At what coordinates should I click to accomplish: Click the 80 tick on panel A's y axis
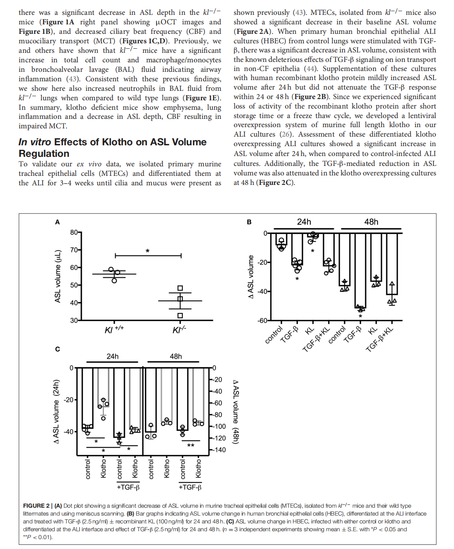click(74, 232)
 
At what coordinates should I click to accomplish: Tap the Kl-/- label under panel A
click(180, 330)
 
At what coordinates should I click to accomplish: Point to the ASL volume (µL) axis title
click(58, 276)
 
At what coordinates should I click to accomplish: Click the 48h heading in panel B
click(371, 222)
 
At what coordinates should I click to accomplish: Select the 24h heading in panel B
click(304, 222)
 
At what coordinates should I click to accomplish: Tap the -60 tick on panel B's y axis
click(262, 321)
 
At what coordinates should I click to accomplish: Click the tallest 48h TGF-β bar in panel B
click(360, 270)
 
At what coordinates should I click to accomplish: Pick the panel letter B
click(249, 222)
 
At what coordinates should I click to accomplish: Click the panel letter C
click(57, 349)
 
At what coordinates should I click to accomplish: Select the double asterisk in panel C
click(191, 446)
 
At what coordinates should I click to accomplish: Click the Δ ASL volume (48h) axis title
click(236, 412)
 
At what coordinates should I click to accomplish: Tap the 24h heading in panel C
click(112, 356)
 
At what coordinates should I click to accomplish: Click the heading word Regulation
click(44, 154)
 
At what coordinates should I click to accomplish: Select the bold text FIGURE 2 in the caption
click(36, 506)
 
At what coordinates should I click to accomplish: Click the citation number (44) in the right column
click(310, 69)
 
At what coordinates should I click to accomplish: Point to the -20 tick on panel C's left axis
click(69, 400)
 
